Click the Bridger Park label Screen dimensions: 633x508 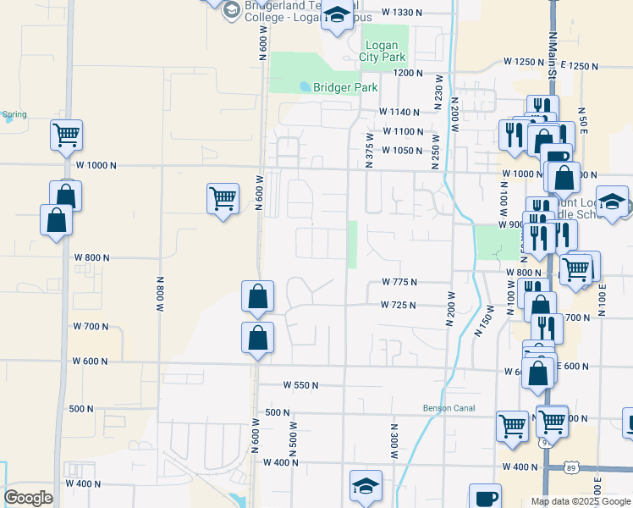[344, 87]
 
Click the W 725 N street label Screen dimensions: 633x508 [398, 304]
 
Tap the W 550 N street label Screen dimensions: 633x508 [300, 385]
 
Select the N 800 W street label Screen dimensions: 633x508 [159, 294]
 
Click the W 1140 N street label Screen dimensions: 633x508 [399, 112]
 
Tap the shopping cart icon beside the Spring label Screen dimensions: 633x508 [66, 134]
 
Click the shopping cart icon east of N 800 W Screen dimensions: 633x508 [223, 198]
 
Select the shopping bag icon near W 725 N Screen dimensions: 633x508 [257, 297]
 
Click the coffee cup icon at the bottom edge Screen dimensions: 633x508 [485, 498]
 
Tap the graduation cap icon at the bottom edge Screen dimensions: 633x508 [366, 487]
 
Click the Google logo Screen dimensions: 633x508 [28, 498]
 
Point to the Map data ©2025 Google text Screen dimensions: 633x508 [580, 501]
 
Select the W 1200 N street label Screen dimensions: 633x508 [408, 74]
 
